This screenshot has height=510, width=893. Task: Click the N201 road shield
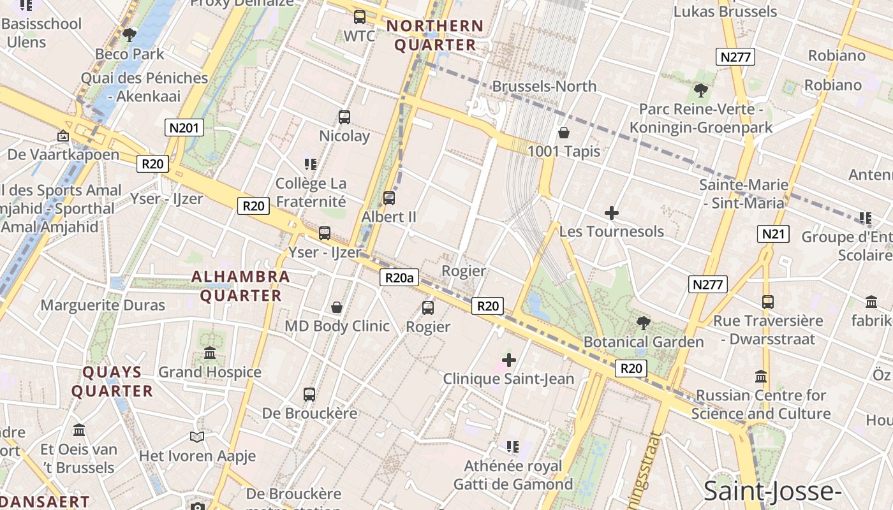coord(184,127)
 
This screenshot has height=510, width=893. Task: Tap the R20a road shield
coord(400,277)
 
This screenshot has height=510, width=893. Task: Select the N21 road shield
coord(773,234)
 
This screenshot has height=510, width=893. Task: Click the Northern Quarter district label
coord(436,36)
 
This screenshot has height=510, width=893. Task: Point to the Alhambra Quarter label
coord(241,286)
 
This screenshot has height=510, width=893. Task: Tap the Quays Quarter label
coord(112,381)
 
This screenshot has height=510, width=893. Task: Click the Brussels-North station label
coord(544,86)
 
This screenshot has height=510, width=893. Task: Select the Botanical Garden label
coord(644,342)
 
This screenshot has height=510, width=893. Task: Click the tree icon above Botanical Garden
coord(644,323)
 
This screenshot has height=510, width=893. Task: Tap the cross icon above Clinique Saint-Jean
coord(508,360)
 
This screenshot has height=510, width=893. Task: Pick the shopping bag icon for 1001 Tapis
coord(564,133)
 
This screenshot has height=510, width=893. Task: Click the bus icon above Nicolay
coord(344,117)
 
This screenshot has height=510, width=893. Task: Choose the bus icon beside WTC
coord(360,17)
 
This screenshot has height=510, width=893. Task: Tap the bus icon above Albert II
coord(388,198)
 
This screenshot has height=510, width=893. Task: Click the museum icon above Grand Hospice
coord(210,353)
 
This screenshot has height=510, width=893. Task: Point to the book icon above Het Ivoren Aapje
coord(197,437)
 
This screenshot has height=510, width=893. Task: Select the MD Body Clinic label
coord(337,326)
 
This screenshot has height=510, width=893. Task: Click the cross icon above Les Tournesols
coord(612,212)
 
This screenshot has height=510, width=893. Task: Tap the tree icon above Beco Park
coord(129,35)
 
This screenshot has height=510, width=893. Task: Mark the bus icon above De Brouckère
coord(309,394)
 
